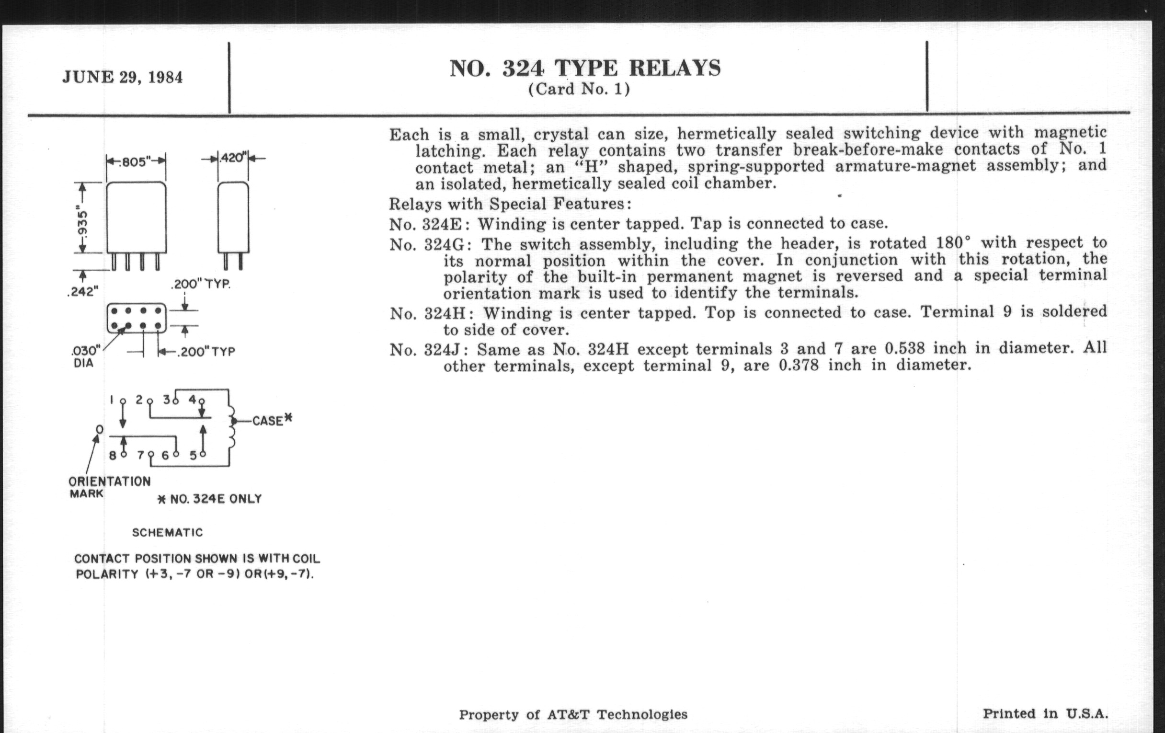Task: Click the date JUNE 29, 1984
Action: (x=123, y=78)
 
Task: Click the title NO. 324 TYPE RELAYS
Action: (x=585, y=68)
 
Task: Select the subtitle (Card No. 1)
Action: (x=579, y=90)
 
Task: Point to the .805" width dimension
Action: (x=136, y=161)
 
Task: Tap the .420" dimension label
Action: (x=233, y=158)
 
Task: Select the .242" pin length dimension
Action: (x=83, y=292)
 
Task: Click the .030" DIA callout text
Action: (x=85, y=355)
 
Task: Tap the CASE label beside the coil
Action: (x=268, y=421)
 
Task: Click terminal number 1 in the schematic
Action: (x=112, y=400)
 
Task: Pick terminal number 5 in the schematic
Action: (x=193, y=455)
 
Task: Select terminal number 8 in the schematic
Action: (x=112, y=455)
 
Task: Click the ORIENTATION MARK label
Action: (x=109, y=487)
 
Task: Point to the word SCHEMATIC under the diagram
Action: (x=167, y=533)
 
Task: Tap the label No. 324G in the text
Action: (x=427, y=245)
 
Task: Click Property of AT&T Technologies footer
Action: (x=573, y=715)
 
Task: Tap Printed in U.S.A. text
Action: (x=1045, y=714)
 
